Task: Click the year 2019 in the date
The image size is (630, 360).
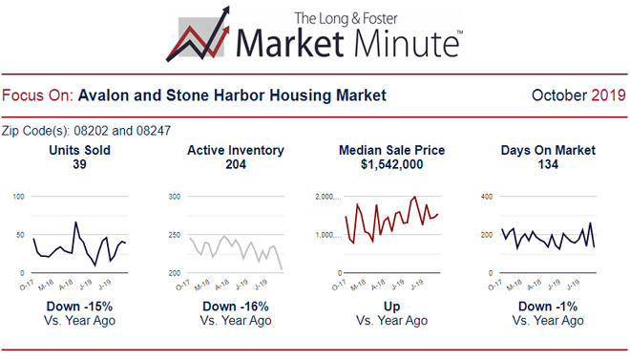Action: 608,95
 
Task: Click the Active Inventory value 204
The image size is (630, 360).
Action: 234,165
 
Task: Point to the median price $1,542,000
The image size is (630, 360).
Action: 391,165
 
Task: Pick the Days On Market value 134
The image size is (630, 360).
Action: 548,165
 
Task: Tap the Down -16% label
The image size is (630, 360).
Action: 235,307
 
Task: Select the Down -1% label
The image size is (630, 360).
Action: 548,307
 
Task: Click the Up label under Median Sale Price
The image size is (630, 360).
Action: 391,307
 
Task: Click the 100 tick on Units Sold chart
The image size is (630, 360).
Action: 19,197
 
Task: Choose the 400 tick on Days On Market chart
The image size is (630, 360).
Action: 485,197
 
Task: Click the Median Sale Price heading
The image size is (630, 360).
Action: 391,151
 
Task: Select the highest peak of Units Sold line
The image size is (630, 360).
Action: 75,222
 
